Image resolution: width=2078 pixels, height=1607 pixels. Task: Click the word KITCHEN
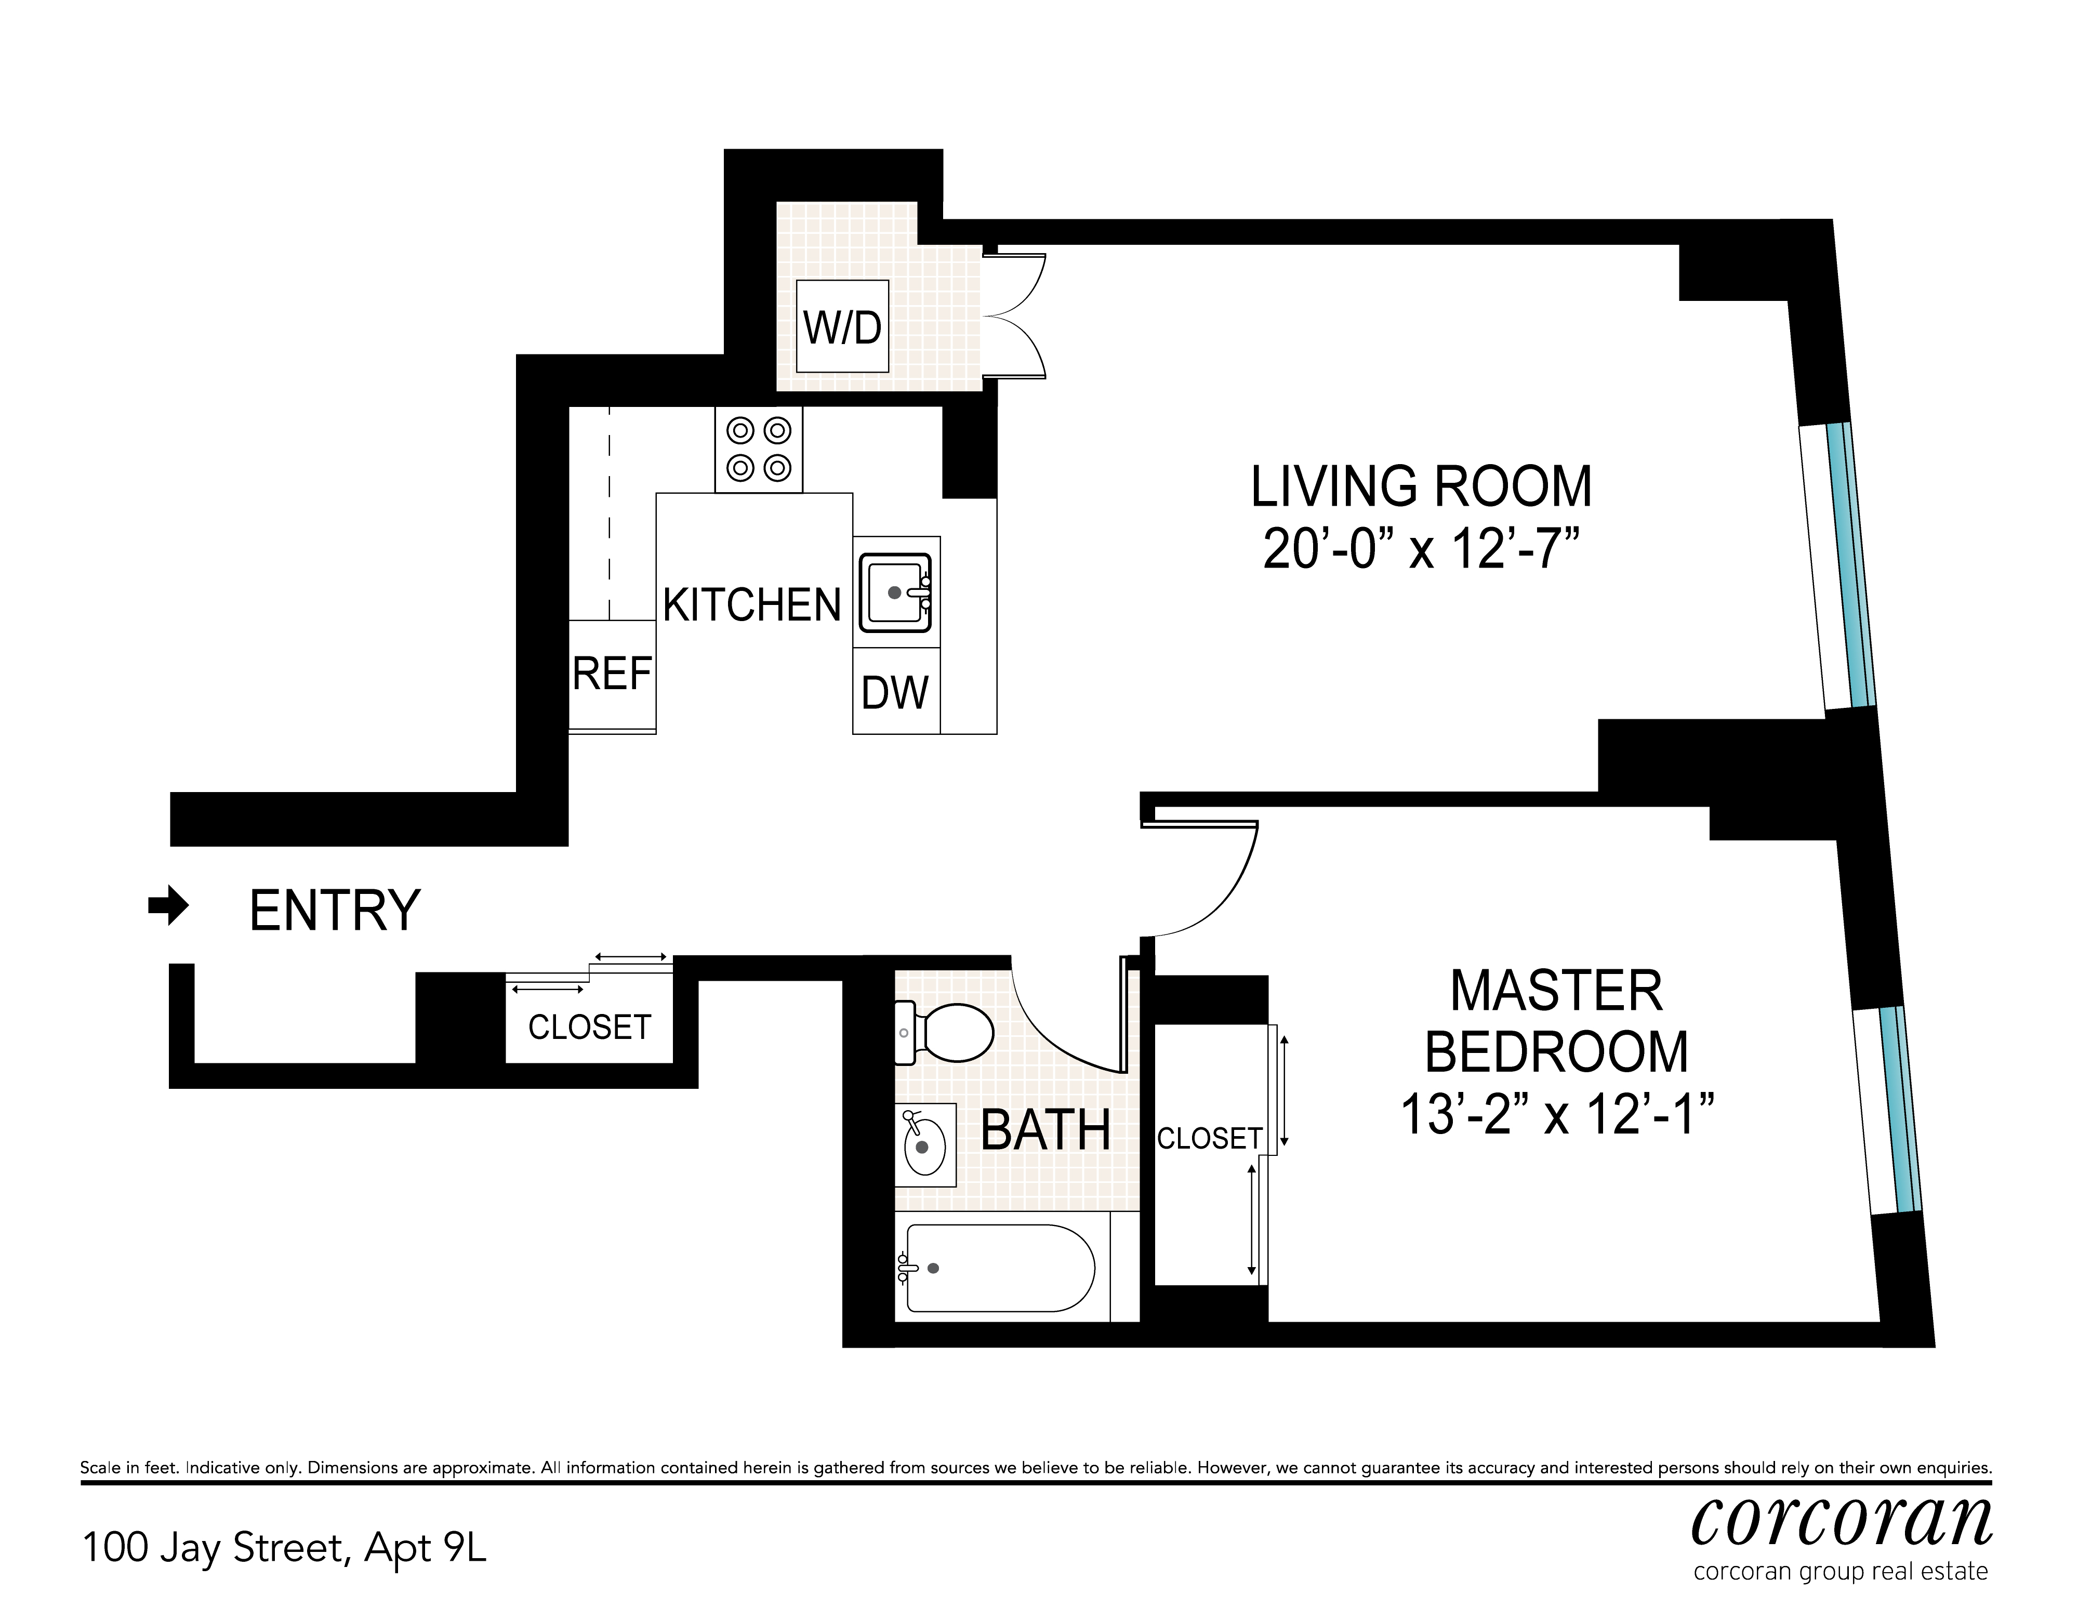(752, 605)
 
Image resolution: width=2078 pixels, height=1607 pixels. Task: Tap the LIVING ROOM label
(1421, 487)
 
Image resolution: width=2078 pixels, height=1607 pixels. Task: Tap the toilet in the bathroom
(947, 1033)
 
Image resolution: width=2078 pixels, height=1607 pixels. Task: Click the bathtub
(999, 1268)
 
